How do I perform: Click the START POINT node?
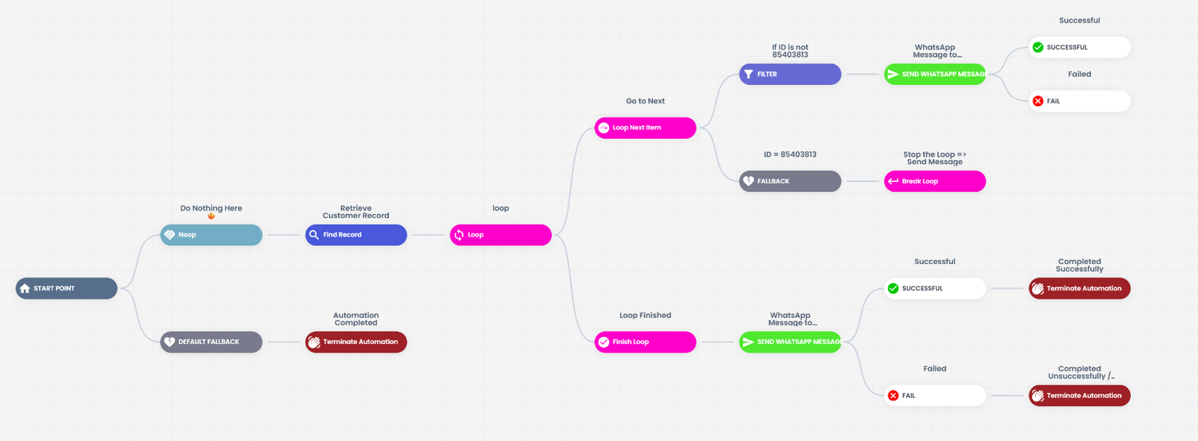pos(67,288)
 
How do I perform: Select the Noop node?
pos(211,235)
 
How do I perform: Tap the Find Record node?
pos(356,235)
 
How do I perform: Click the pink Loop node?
pos(501,235)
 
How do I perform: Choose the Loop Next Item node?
pos(645,127)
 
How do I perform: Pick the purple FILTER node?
pos(790,74)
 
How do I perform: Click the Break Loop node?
pos(935,181)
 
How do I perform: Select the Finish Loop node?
pos(645,342)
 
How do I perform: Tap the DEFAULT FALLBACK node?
pos(211,342)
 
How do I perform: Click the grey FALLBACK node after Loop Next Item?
pos(790,181)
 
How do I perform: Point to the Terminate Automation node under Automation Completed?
pos(356,342)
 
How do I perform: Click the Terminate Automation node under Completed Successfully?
pos(1080,288)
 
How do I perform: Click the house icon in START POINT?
pos(25,289)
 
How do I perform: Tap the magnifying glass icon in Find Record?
pos(314,235)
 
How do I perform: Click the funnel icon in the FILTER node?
pos(749,74)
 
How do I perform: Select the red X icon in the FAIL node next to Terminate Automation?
pos(893,396)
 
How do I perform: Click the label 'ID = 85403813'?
pos(790,154)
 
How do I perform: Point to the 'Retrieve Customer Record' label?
pos(356,212)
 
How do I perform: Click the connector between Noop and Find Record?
pos(283,235)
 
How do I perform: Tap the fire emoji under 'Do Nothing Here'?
pos(211,216)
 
